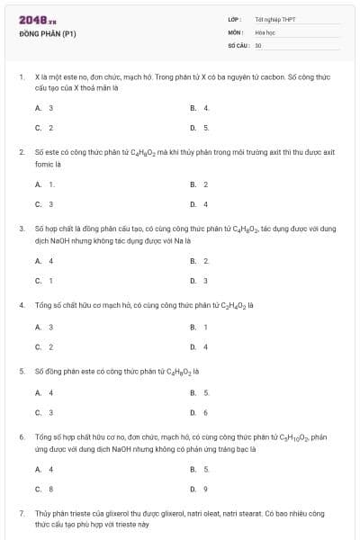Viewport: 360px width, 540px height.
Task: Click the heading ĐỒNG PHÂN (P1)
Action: click(47, 34)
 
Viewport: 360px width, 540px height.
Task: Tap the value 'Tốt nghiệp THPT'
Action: click(275, 19)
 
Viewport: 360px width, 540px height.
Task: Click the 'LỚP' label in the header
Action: click(234, 19)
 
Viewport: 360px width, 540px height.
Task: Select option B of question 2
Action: click(199, 184)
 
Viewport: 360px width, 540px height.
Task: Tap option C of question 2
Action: click(44, 204)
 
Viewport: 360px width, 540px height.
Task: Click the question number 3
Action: click(21, 229)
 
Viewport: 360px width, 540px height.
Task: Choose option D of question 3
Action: click(199, 281)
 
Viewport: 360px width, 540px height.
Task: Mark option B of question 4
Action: click(199, 327)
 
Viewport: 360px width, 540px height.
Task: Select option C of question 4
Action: click(44, 346)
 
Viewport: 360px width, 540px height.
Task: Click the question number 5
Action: click(21, 371)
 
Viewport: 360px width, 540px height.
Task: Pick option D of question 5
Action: click(199, 412)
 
